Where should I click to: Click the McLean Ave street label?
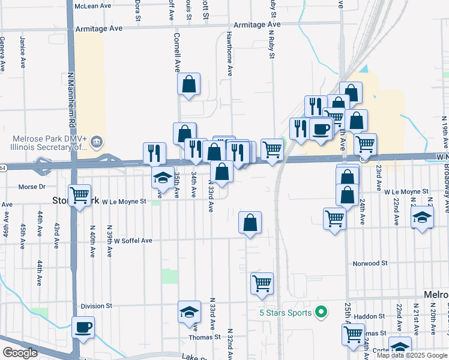(x=92, y=5)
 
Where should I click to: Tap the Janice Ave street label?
(x=22, y=53)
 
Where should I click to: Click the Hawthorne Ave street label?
(x=229, y=53)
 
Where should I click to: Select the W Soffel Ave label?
(x=133, y=240)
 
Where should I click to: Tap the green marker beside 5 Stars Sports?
(x=321, y=312)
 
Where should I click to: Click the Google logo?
(x=20, y=353)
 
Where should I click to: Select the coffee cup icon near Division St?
(x=83, y=328)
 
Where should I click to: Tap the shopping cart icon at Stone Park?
(x=80, y=194)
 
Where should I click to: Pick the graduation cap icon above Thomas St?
(x=189, y=312)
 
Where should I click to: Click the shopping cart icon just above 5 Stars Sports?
(x=262, y=283)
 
